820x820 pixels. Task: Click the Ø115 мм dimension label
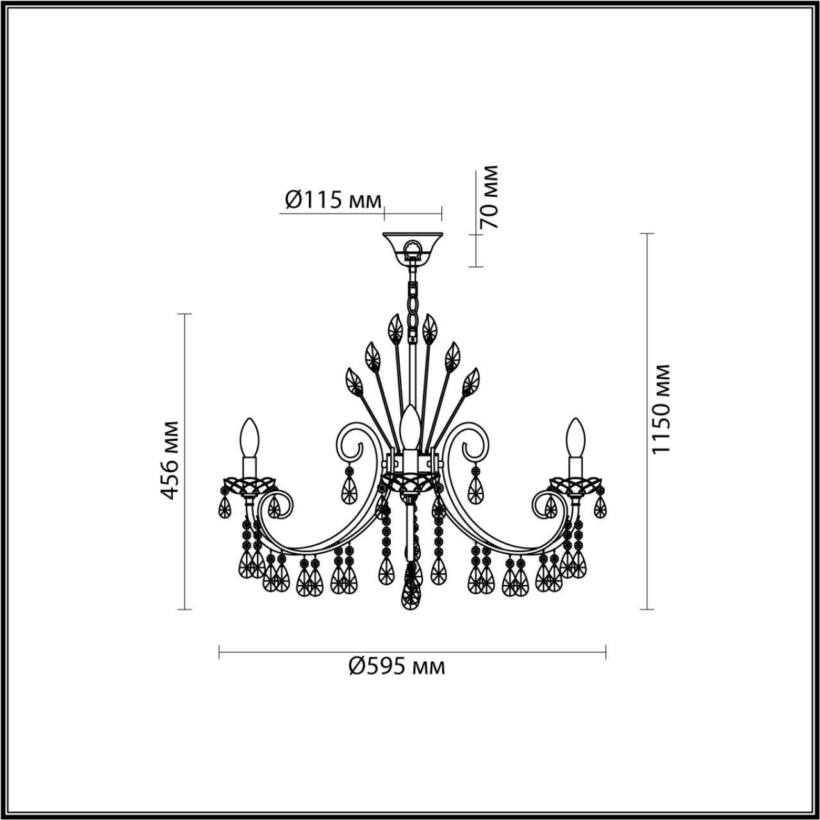[x=332, y=200]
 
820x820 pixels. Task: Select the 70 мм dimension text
[x=489, y=197]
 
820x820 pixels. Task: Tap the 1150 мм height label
[x=660, y=409]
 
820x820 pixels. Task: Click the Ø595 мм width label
[x=397, y=667]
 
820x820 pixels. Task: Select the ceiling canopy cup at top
[x=411, y=246]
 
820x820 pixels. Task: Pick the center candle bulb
[x=410, y=425]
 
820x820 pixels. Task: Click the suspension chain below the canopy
[x=412, y=301]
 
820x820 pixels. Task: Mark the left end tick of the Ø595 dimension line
[x=220, y=653]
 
